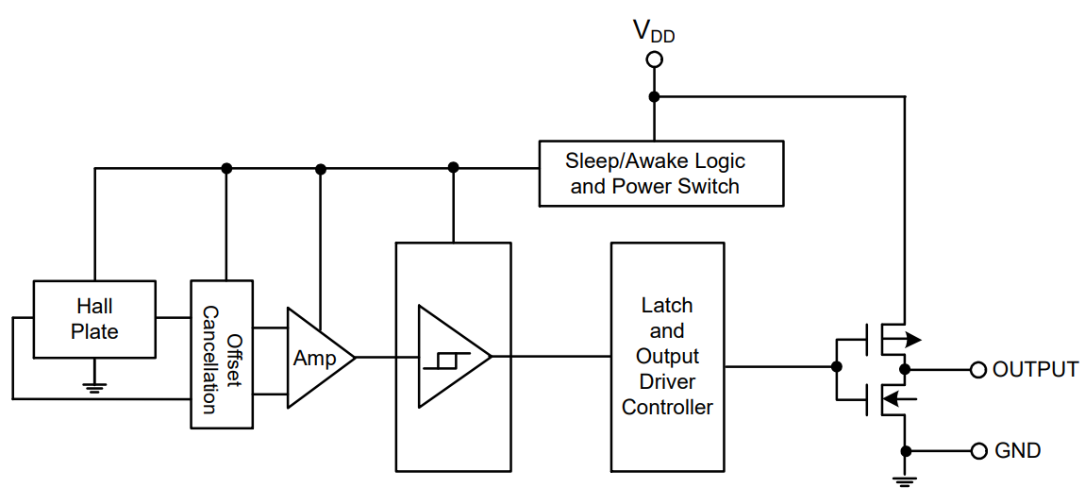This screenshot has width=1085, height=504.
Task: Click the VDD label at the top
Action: (x=653, y=32)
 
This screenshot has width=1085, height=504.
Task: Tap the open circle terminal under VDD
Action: (x=654, y=60)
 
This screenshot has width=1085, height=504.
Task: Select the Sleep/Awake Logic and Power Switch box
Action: (x=660, y=173)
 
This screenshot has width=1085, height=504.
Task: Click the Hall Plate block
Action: (x=94, y=319)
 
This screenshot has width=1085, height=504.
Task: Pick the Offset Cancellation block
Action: (x=222, y=354)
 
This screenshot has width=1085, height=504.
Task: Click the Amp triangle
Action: (x=316, y=358)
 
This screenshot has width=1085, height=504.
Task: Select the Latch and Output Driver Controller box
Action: (x=667, y=357)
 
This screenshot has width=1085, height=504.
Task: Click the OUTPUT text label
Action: (x=1035, y=369)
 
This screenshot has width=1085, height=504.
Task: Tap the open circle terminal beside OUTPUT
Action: (x=978, y=369)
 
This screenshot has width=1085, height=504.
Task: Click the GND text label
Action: (x=1018, y=450)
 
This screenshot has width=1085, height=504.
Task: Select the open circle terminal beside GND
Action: (x=978, y=450)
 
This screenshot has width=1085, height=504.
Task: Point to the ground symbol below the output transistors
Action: (x=905, y=481)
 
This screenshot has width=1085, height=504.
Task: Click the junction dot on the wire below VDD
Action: (x=654, y=97)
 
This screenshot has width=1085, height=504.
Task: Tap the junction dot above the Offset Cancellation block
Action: (x=226, y=168)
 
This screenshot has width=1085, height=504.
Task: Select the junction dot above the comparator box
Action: (x=454, y=168)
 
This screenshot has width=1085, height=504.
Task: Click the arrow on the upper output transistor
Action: (x=911, y=340)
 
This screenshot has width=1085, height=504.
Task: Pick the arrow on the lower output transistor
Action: (x=896, y=398)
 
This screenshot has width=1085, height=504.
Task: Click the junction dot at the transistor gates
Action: (x=836, y=366)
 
